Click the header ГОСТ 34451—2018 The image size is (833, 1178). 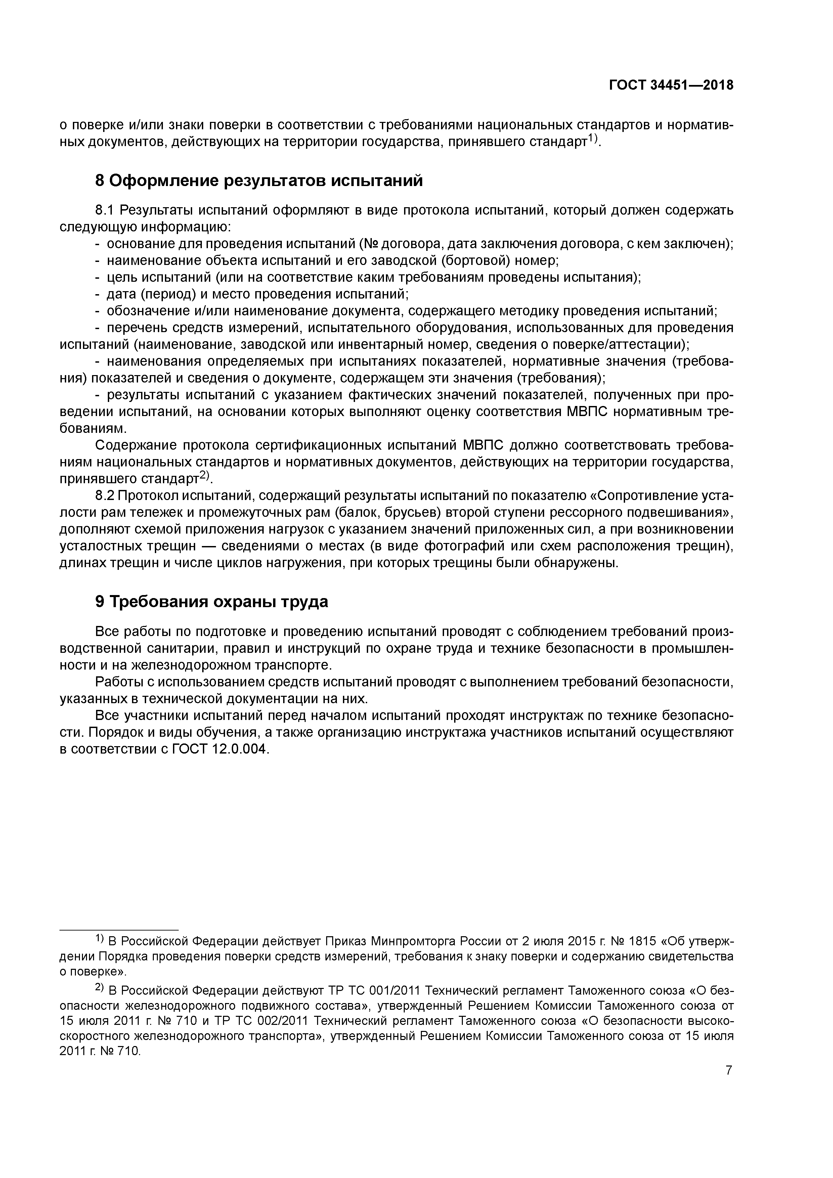671,85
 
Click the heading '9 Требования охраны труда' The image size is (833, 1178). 212,601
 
